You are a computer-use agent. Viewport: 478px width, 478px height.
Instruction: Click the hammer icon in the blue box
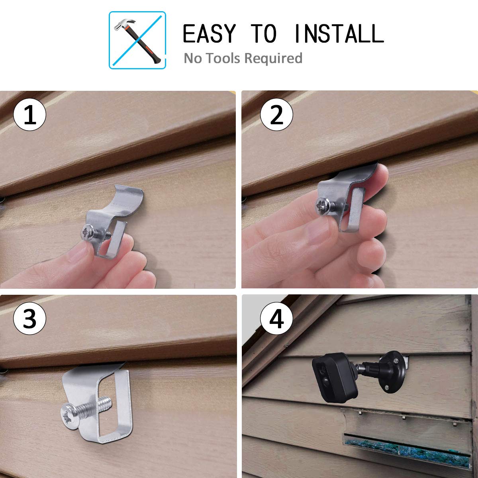click(137, 40)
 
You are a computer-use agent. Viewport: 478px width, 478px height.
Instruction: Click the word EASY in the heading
click(209, 33)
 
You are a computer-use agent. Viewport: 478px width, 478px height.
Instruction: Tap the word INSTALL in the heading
click(339, 33)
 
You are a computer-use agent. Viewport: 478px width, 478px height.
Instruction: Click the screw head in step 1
click(87, 234)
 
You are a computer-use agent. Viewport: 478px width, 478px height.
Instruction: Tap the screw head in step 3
click(71, 417)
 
